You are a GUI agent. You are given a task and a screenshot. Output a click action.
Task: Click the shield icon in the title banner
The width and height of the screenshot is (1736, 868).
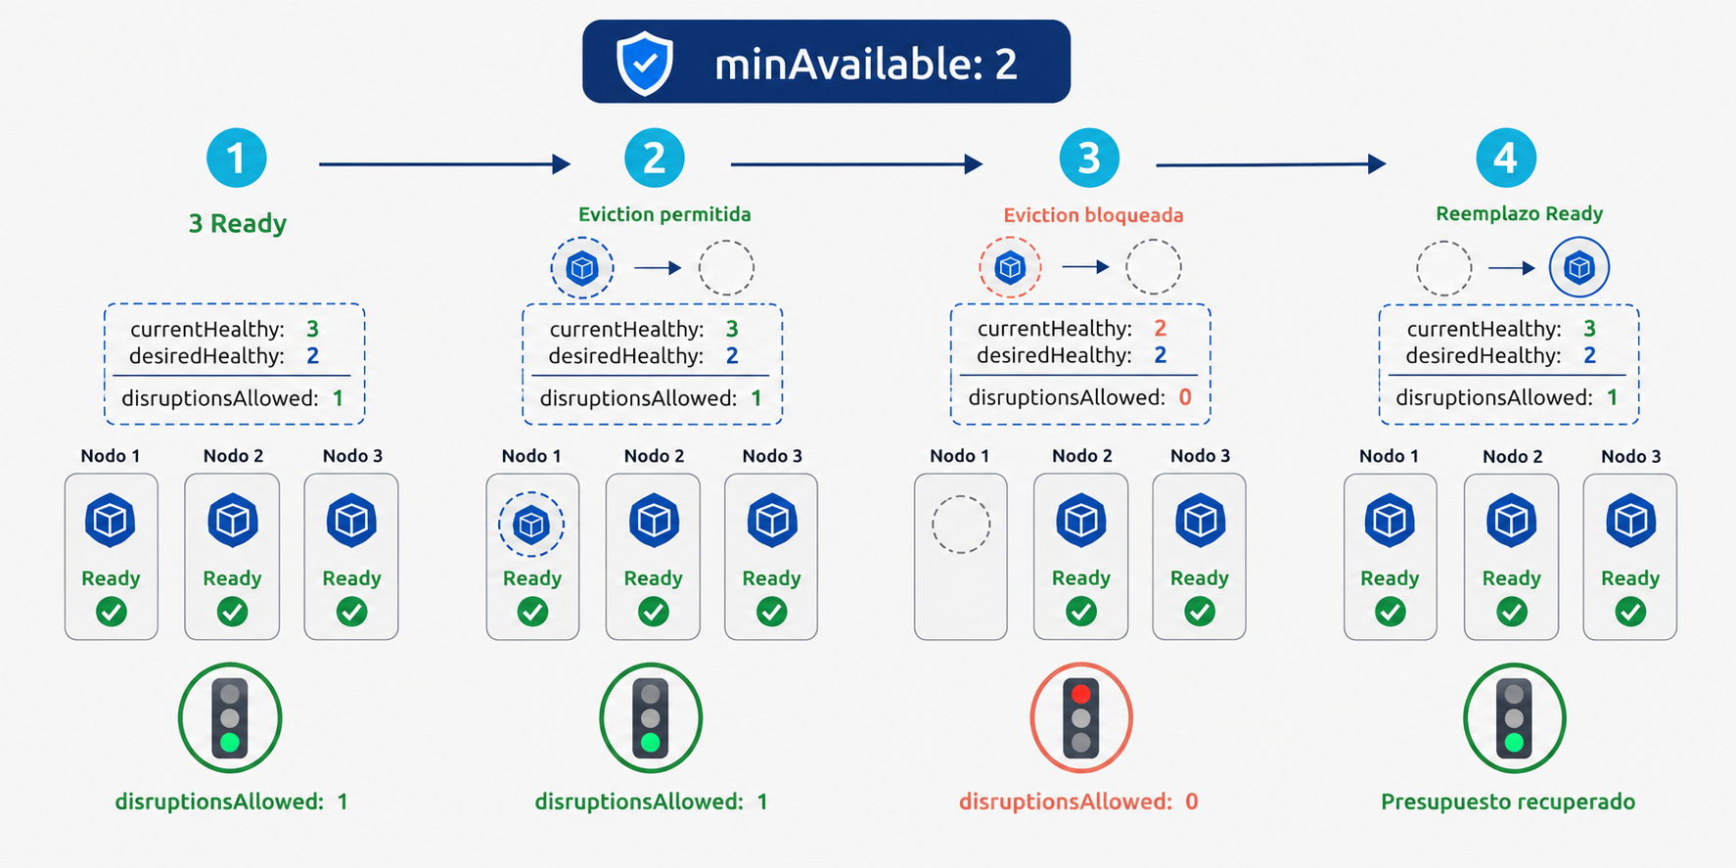[645, 63]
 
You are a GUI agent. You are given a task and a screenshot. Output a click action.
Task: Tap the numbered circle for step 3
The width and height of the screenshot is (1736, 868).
[1089, 159]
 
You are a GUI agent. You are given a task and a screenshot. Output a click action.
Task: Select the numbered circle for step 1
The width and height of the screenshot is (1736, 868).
[237, 159]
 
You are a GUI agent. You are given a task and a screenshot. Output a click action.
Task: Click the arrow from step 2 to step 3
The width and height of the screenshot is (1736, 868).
[856, 164]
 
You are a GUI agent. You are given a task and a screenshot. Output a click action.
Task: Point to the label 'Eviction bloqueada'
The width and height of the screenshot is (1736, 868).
[1093, 215]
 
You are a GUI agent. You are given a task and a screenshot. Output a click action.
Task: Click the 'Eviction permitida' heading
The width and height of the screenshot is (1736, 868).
[664, 214]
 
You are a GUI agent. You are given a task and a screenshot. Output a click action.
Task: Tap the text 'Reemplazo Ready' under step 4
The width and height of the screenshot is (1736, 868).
[1519, 213]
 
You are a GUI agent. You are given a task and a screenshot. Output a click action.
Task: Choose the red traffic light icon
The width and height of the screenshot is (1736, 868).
[1081, 718]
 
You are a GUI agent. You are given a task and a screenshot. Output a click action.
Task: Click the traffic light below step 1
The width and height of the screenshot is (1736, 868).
[230, 718]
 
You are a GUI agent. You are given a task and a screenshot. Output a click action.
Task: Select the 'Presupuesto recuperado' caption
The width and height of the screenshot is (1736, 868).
[1508, 801]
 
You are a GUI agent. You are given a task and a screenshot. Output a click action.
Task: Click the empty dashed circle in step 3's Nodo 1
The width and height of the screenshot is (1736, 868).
[961, 525]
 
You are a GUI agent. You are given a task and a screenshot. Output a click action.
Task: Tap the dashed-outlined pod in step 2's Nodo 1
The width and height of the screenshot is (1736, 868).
[531, 525]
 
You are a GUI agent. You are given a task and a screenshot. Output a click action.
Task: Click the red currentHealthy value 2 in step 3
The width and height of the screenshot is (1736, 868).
[1161, 328]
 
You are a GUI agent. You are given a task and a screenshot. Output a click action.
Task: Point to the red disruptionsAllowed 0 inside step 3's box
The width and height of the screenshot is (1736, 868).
[1185, 397]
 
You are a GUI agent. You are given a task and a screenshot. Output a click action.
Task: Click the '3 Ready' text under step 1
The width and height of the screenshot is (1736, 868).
[238, 224]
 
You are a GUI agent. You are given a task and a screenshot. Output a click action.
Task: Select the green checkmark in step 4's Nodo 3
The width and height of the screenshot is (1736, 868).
[1630, 613]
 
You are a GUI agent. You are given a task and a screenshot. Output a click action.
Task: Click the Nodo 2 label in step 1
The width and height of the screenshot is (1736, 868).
[233, 456]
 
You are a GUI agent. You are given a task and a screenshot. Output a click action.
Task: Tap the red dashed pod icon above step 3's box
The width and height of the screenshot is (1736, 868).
[1010, 267]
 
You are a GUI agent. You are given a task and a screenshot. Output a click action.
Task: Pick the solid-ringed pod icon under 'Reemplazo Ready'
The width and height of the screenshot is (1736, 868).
[1579, 267]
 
